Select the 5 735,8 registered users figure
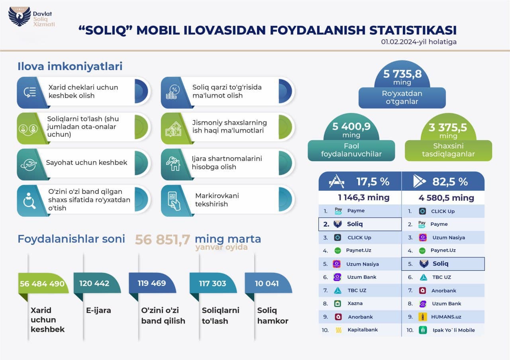coord(402,74)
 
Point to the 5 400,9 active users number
coord(351,127)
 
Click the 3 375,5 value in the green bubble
coord(448,128)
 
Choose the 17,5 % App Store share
coord(373,182)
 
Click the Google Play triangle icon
coord(419,182)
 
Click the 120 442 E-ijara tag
coord(94,284)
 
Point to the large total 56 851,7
coord(162,239)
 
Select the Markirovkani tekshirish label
coord(211,200)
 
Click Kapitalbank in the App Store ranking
coord(362,330)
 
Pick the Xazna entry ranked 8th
coord(355,303)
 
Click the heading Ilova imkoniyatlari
coord(70,67)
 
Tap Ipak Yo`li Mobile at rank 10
coord(453,330)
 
